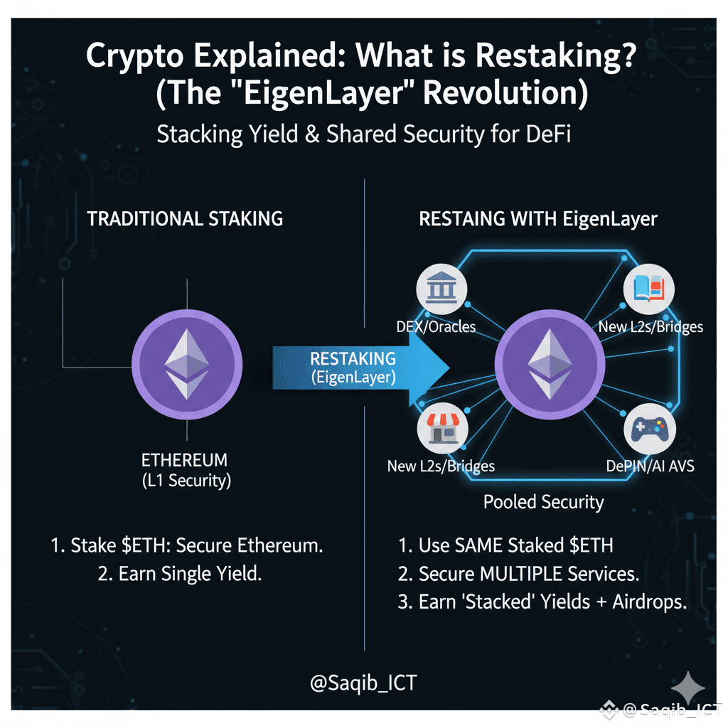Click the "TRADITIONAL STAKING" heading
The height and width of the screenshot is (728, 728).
185,219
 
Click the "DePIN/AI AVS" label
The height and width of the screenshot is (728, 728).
650,466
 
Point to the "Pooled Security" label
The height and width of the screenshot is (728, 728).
543,502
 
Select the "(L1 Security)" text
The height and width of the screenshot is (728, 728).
187,480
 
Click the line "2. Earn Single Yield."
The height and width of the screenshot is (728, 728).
180,574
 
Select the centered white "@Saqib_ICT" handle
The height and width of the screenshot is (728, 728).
363,684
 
